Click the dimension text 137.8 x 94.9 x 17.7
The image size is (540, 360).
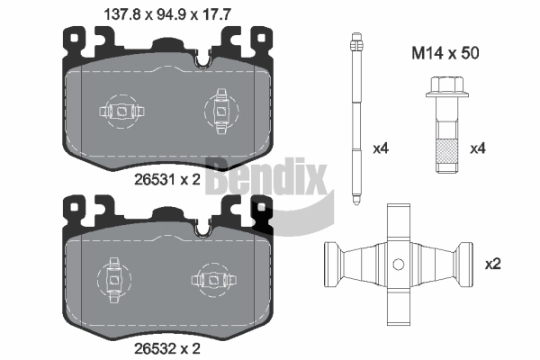(x=167, y=14)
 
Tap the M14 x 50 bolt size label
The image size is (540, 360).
(x=445, y=53)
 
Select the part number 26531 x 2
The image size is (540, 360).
(x=167, y=179)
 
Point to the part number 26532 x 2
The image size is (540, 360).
(x=167, y=348)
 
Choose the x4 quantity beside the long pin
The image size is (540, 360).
(x=381, y=148)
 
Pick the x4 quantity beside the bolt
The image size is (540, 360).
(x=478, y=148)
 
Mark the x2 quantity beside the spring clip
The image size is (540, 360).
(x=493, y=265)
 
